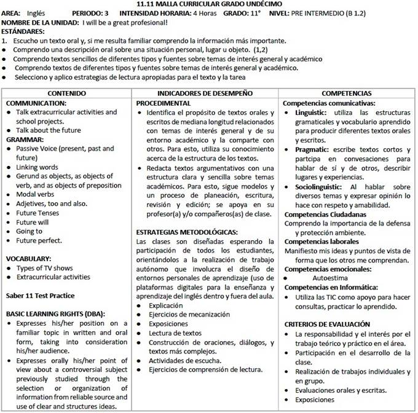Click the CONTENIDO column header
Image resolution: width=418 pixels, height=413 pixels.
(x=67, y=93)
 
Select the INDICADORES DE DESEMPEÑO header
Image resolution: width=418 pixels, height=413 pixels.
(x=205, y=93)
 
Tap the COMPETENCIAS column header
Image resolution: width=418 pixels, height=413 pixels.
(x=347, y=93)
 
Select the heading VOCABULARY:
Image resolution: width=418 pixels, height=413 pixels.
(x=29, y=259)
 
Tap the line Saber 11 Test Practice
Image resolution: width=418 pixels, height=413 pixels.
(x=41, y=295)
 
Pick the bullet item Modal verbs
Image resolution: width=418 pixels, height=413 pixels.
(x=34, y=194)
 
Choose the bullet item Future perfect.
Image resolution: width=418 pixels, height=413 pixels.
(x=38, y=240)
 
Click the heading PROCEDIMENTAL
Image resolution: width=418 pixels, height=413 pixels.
(x=164, y=103)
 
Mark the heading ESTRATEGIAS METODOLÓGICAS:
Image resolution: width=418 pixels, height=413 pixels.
(x=187, y=232)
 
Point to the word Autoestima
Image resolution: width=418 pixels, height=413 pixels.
(x=330, y=278)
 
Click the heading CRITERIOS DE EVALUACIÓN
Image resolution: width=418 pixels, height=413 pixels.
(x=327, y=324)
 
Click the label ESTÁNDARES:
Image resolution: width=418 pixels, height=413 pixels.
(x=23, y=31)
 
